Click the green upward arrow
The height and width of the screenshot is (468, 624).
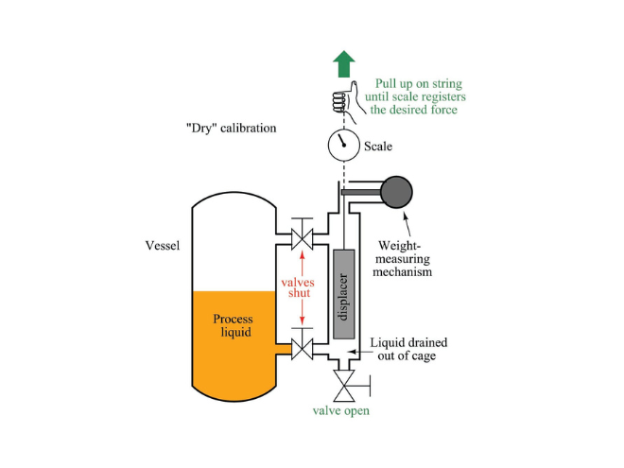(x=344, y=64)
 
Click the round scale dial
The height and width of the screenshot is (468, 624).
(x=344, y=146)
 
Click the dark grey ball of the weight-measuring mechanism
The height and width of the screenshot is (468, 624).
(x=397, y=192)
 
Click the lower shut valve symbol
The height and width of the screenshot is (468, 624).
(x=302, y=350)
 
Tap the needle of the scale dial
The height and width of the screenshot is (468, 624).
(x=342, y=143)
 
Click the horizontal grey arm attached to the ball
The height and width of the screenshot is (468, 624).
(x=362, y=193)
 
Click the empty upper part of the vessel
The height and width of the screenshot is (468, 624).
(x=233, y=241)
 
